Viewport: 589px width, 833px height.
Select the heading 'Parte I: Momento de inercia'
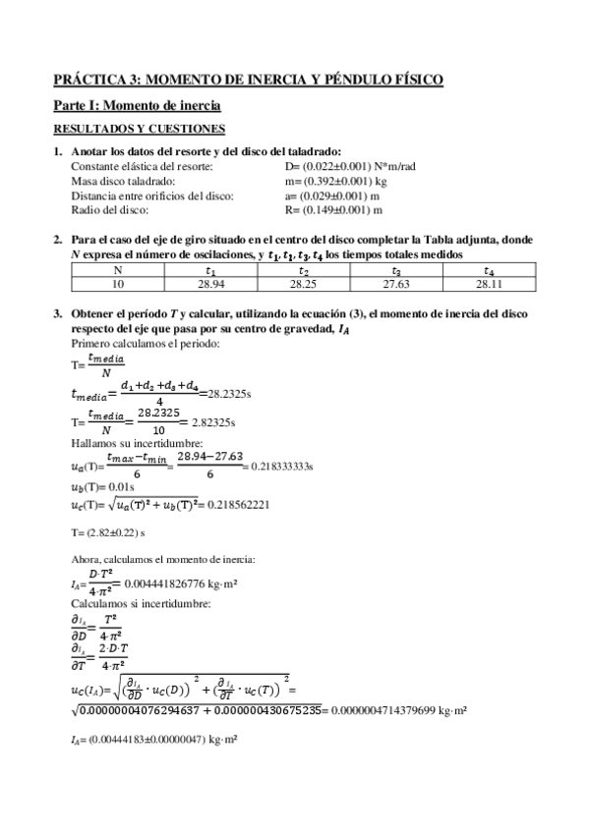pyautogui.click(x=136, y=104)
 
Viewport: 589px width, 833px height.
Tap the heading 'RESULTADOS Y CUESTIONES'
pyautogui.click(x=140, y=129)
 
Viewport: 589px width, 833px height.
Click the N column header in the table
pyautogui.click(x=117, y=271)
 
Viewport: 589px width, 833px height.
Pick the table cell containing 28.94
pyautogui.click(x=209, y=285)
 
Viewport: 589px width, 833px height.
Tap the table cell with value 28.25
pyautogui.click(x=303, y=285)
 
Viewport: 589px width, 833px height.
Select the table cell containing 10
pyautogui.click(x=117, y=285)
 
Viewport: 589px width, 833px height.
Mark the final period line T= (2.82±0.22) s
pyautogui.click(x=109, y=532)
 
